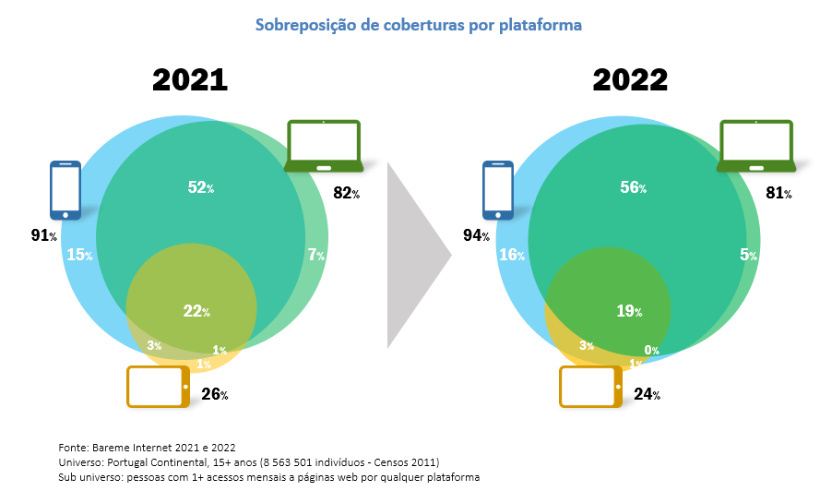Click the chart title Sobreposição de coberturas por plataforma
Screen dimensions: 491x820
pos(419,26)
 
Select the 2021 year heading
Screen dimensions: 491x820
pos(189,80)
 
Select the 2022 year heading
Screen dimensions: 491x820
pos(630,80)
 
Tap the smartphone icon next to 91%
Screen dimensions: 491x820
pos(65,190)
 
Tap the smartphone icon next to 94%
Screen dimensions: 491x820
pos(498,191)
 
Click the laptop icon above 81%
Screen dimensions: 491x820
pos(756,146)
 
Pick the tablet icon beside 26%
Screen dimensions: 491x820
pos(158,387)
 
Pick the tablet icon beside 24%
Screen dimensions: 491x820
pos(591,387)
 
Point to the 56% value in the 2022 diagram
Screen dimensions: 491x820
pos(633,187)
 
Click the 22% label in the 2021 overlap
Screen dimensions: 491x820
pos(196,311)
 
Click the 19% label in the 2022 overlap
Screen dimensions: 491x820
pos(630,311)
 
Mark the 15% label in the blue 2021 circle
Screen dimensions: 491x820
pos(78,255)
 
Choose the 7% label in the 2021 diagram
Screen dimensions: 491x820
pos(315,255)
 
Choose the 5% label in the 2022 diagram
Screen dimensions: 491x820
pos(747,255)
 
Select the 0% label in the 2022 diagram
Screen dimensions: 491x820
pos(651,350)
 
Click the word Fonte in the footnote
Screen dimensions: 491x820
pos(75,447)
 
